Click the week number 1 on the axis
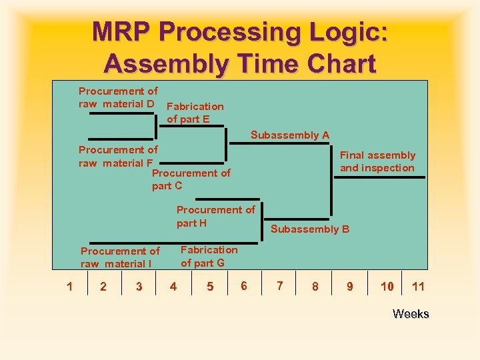[x=69, y=287]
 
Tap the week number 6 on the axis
[x=244, y=286]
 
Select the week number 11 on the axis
[x=418, y=287]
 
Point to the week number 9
[x=350, y=287]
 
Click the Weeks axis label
[x=411, y=314]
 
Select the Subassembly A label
[x=290, y=135]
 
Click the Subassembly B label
[x=310, y=229]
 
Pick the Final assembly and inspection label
[x=377, y=161]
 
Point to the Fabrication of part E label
[x=195, y=113]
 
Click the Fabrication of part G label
[x=209, y=256]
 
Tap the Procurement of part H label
[x=215, y=216]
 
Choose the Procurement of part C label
[x=191, y=179]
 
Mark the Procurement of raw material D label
[x=118, y=97]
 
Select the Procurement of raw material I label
[x=120, y=257]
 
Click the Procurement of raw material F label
[x=118, y=156]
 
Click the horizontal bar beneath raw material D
[x=121, y=113]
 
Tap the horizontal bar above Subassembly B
[x=297, y=219]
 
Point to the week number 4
[x=173, y=287]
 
